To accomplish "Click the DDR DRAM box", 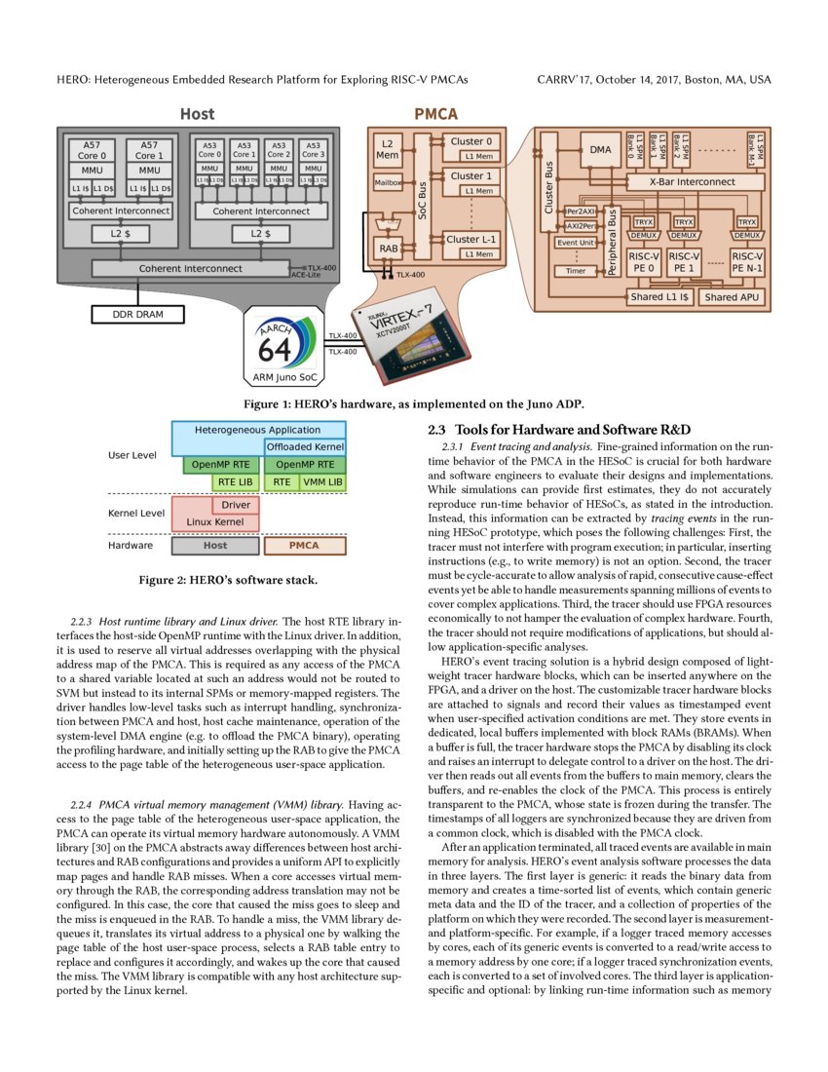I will (x=138, y=314).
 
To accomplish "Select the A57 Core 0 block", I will (x=92, y=149).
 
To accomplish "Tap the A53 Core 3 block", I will (x=313, y=149).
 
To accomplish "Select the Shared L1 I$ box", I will (x=659, y=297).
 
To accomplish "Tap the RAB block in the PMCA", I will (x=388, y=249).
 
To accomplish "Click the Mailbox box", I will (x=388, y=182).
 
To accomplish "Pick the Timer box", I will (x=576, y=272).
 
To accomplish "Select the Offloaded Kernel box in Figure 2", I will (x=305, y=446).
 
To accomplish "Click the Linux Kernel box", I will (x=215, y=522).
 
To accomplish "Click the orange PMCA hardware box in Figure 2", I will (x=304, y=546).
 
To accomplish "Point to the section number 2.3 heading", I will (x=438, y=430).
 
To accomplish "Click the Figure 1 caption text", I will (x=413, y=402).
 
